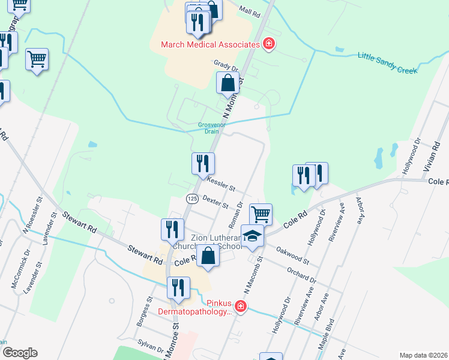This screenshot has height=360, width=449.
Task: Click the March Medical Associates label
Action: pyautogui.click(x=209, y=45)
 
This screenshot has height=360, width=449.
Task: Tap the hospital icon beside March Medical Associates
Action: pyautogui.click(x=269, y=44)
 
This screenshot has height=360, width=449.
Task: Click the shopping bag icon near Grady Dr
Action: pyautogui.click(x=228, y=83)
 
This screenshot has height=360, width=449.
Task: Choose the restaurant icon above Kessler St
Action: pyautogui.click(x=203, y=163)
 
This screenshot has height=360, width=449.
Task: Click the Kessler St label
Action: pyautogui.click(x=220, y=182)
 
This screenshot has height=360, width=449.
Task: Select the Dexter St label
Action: pyautogui.click(x=215, y=202)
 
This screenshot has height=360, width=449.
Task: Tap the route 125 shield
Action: pyautogui.click(x=192, y=199)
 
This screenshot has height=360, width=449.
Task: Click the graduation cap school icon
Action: pyautogui.click(x=253, y=236)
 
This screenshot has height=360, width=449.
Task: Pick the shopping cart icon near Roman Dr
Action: pyautogui.click(x=261, y=214)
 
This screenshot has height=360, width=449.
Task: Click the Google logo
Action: pyautogui.click(x=20, y=353)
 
